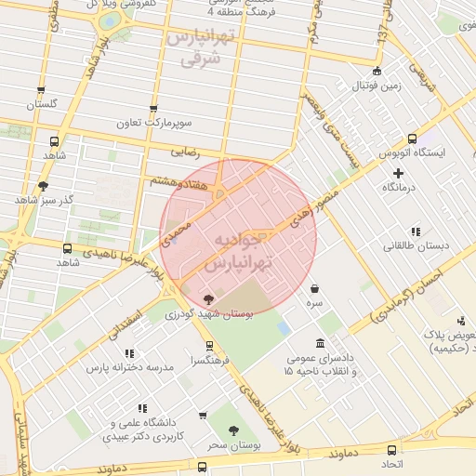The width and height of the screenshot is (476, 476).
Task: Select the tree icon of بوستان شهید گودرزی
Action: pyautogui.click(x=207, y=298)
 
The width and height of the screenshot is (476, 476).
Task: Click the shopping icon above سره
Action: pyautogui.click(x=316, y=288)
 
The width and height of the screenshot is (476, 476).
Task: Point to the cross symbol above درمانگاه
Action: pyautogui.click(x=399, y=173)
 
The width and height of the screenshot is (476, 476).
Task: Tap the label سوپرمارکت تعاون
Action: pyautogui.click(x=153, y=123)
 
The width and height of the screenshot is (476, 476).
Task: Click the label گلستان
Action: pyautogui.click(x=42, y=104)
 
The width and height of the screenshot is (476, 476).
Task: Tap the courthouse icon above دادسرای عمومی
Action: pyautogui.click(x=321, y=344)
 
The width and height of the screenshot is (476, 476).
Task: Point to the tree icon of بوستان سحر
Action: pyautogui.click(x=231, y=430)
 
